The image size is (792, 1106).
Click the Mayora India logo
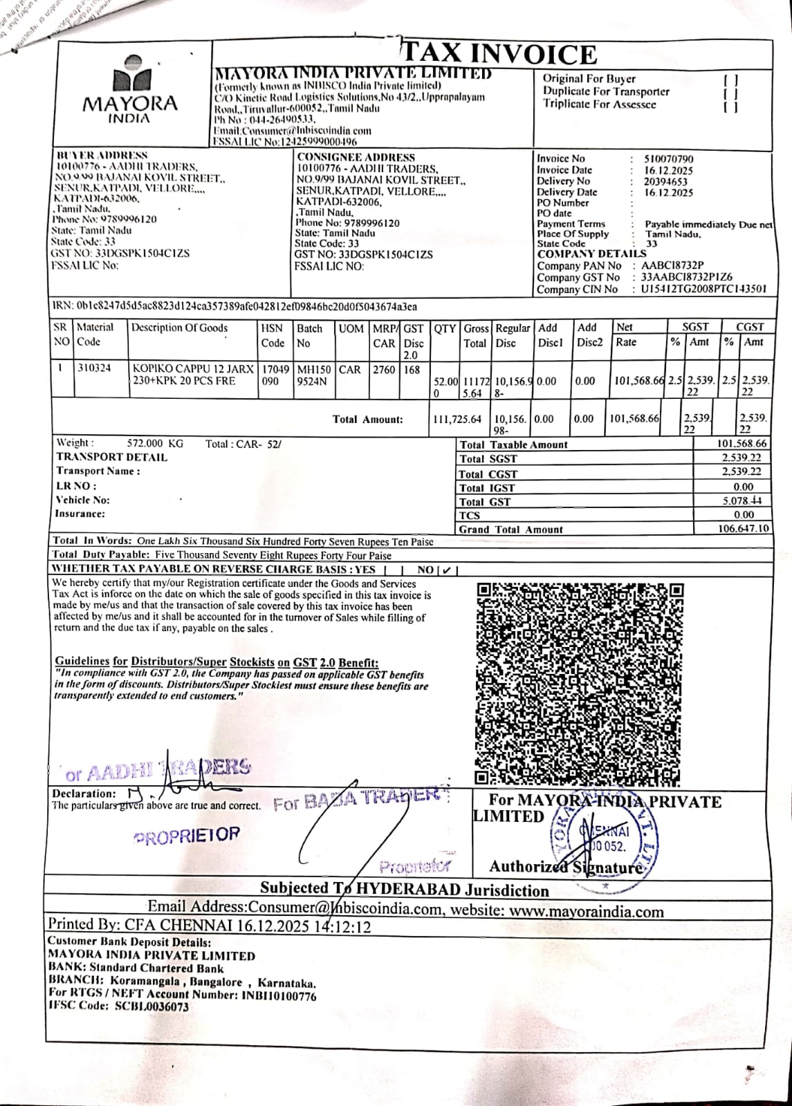(x=130, y=90)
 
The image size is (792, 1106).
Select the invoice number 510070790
(x=668, y=159)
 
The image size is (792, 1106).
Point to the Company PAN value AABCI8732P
(x=672, y=266)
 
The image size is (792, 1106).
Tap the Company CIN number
(x=703, y=290)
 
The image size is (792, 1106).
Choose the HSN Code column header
(x=273, y=335)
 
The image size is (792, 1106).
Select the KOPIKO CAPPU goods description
(x=193, y=375)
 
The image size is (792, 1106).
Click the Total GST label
(x=485, y=502)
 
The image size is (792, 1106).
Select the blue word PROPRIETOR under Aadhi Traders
(x=186, y=834)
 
